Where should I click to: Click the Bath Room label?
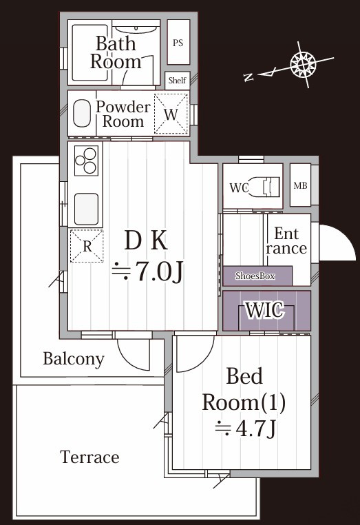pos(115,52)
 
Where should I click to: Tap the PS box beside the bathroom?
pos(178,43)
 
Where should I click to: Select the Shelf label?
pos(177,80)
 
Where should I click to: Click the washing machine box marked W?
pos(171,113)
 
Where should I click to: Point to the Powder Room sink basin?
pos(82,114)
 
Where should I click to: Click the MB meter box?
pos(300,185)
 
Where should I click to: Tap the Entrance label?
pos(286,240)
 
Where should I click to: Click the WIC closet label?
pos(266,311)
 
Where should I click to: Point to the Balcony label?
pos(73,358)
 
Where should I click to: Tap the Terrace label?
pos(89,457)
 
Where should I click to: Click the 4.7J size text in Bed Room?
pos(246,429)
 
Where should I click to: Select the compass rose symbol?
pos(303,65)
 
